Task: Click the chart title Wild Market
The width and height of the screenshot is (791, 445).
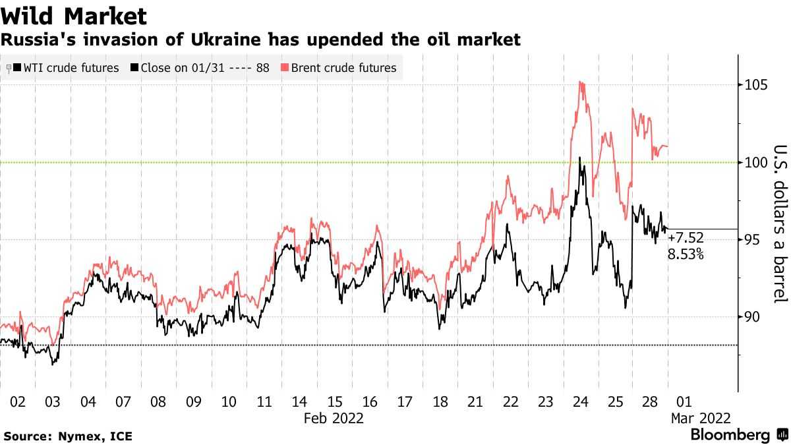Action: (74, 15)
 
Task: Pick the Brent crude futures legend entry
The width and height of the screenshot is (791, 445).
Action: (343, 68)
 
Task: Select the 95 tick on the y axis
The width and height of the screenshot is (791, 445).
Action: (752, 240)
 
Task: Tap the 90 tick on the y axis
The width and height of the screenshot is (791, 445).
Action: (752, 317)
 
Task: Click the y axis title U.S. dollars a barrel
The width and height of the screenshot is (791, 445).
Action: (780, 223)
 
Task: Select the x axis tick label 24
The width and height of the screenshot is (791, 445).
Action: (581, 401)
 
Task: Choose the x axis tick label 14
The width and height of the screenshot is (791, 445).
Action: (299, 401)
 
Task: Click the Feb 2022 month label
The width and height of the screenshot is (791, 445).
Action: (334, 418)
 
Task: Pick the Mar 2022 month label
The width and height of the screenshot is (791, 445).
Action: (699, 418)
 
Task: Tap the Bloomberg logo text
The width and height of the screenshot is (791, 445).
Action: (730, 435)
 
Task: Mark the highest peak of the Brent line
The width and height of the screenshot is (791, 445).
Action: (579, 82)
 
